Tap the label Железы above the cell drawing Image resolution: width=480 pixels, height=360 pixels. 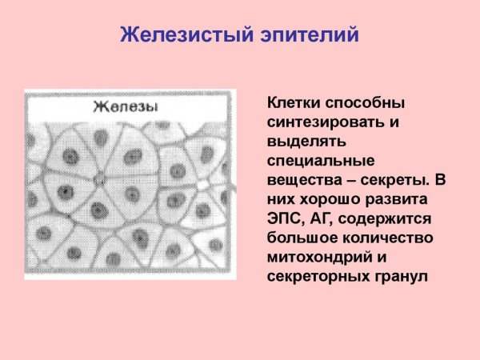click(x=125, y=107)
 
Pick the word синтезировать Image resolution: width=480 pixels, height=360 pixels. click(x=330, y=123)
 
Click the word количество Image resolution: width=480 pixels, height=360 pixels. click(x=388, y=238)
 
